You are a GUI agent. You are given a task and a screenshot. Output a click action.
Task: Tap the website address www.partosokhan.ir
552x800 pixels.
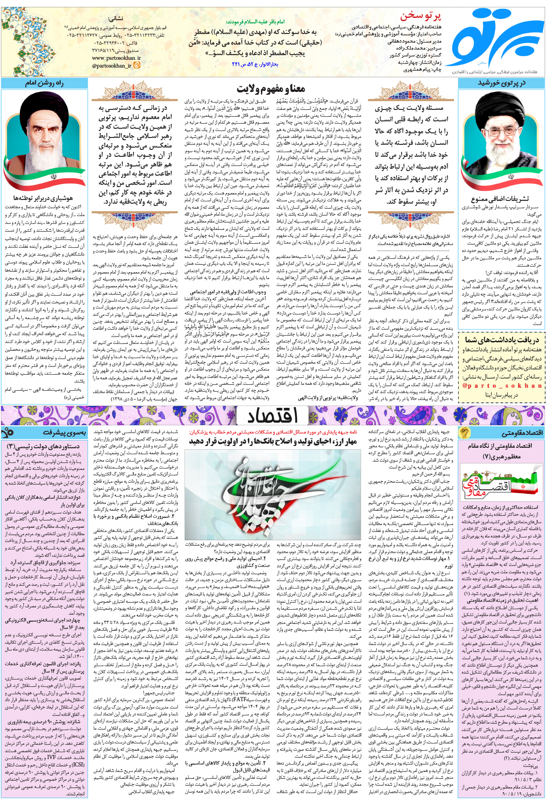coord(116,58)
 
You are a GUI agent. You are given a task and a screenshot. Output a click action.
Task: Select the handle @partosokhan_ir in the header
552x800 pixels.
coord(112,66)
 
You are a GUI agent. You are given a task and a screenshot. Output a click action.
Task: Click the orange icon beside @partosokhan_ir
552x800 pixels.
coord(137,65)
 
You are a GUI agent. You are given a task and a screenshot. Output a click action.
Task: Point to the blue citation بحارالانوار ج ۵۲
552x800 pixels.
coord(255,65)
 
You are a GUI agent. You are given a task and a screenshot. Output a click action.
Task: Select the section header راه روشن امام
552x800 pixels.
coord(44,83)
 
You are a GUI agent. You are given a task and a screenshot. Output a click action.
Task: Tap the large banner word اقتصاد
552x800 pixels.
coord(272,415)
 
